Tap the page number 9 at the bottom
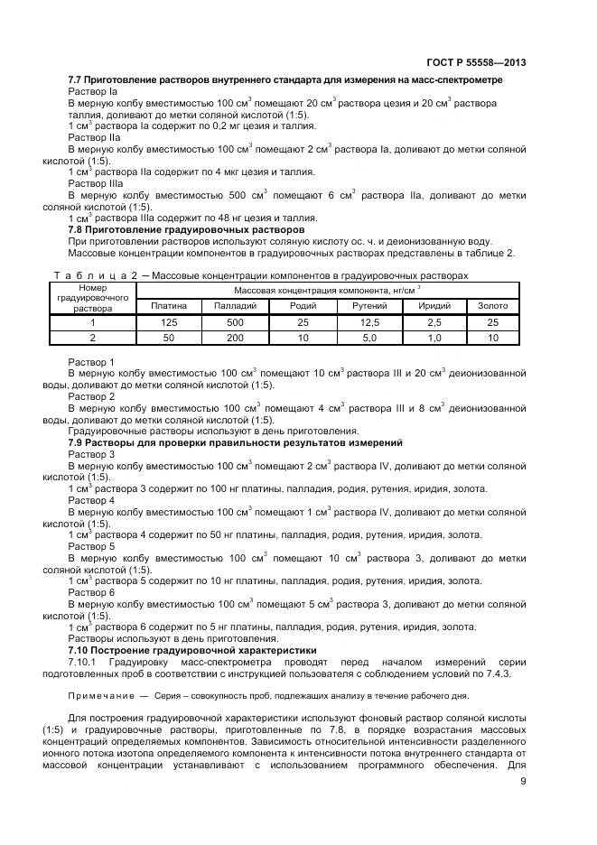(523, 781)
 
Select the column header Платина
(169, 306)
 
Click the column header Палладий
(236, 306)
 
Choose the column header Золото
(492, 306)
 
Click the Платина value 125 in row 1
(169, 322)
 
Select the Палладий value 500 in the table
(236, 322)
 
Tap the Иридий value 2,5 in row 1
(434, 322)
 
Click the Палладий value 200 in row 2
(236, 338)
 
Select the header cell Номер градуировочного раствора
(93, 298)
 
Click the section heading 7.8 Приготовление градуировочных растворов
(186, 229)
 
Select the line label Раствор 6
(91, 592)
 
